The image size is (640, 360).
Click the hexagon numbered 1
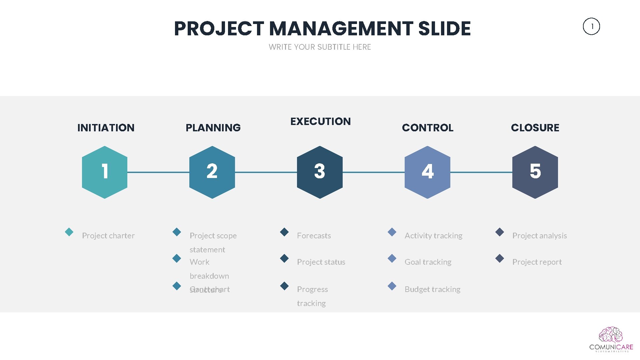[105, 172]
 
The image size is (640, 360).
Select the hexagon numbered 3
[320, 172]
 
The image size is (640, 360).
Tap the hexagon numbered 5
[535, 172]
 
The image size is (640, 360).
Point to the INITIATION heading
[106, 128]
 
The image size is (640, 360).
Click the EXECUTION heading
[320, 121]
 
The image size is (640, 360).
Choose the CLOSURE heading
[535, 128]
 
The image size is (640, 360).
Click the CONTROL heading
[428, 128]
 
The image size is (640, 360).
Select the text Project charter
[108, 236]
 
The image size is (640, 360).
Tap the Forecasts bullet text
[314, 236]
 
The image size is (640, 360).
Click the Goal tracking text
[428, 262]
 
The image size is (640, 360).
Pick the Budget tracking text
[432, 289]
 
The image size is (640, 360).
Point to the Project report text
[537, 262]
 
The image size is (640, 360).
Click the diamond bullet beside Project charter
[69, 232]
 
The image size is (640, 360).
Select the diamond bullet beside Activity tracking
[392, 232]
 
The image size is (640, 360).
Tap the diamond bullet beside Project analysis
[500, 232]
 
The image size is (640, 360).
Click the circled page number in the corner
[591, 26]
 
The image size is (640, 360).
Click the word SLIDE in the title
[444, 29]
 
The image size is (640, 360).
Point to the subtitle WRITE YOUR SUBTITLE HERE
[320, 47]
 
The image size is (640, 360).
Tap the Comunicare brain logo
[611, 335]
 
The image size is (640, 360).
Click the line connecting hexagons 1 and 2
[158, 172]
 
